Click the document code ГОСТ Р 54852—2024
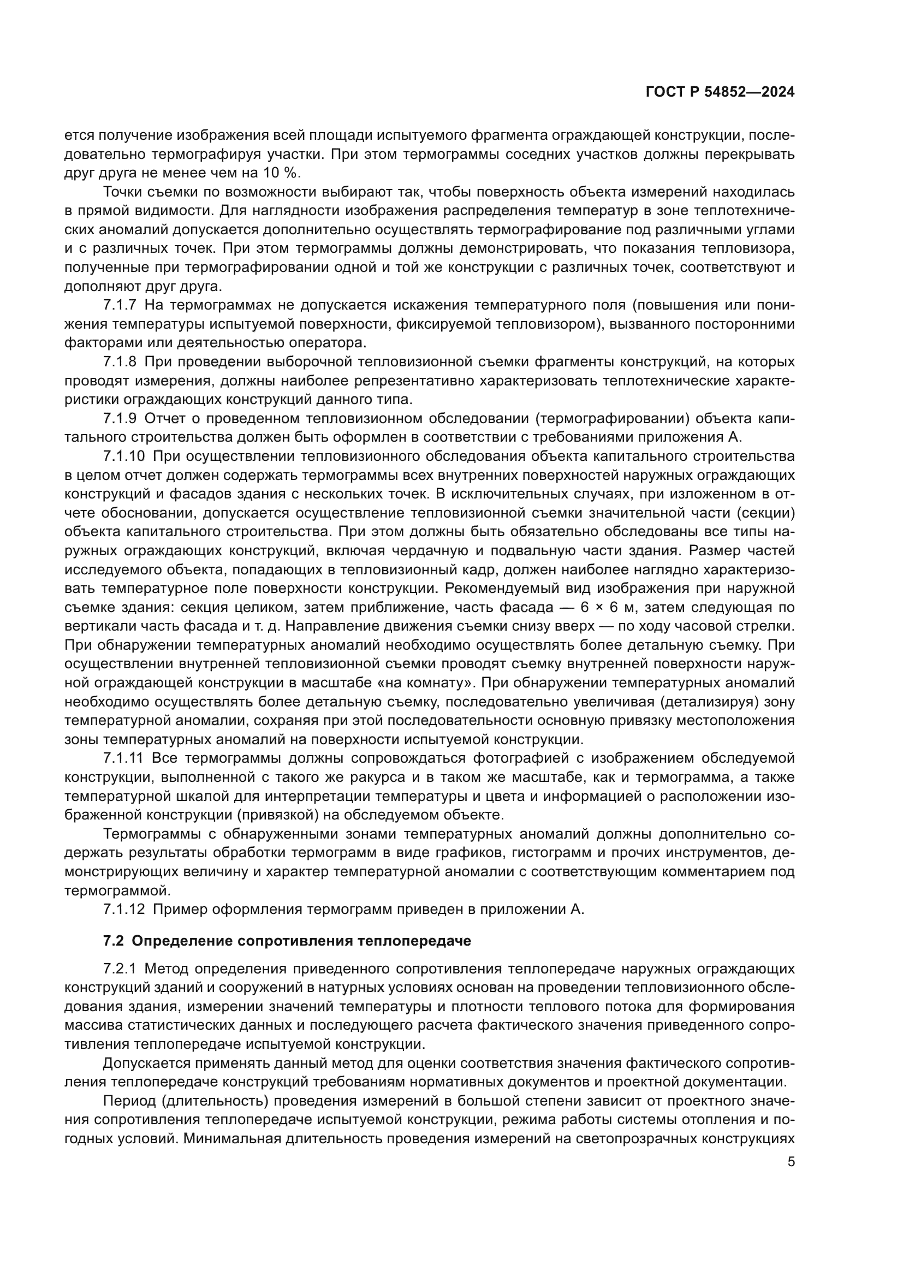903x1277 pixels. (x=720, y=92)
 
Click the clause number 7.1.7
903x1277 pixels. (x=120, y=305)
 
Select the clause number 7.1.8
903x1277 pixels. (x=120, y=361)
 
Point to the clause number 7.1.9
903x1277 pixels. (x=120, y=418)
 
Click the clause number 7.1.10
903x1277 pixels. (x=123, y=456)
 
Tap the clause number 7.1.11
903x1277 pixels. (x=123, y=758)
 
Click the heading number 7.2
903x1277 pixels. (x=114, y=941)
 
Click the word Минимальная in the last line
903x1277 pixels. (x=230, y=1139)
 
